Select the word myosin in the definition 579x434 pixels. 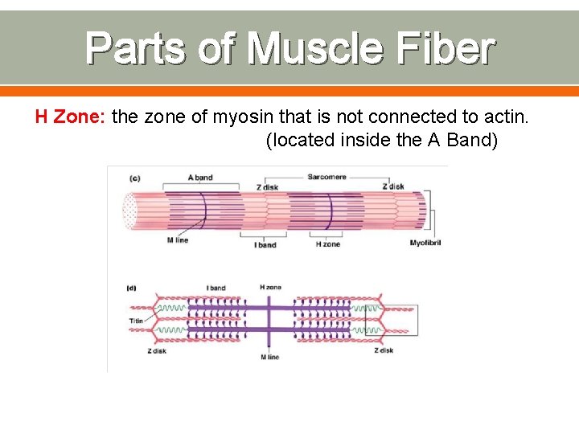[248, 117]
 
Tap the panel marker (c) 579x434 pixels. [134, 178]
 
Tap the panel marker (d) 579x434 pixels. [132, 287]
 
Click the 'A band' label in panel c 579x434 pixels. [199, 177]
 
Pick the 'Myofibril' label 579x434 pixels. [425, 243]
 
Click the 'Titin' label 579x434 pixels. [137, 321]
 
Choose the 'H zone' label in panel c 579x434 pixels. [327, 244]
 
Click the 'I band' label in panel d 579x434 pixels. [216, 288]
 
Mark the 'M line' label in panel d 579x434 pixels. [269, 357]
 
